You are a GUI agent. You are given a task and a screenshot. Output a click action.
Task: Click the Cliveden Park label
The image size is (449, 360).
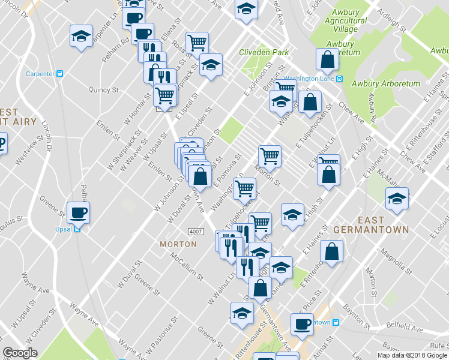click(x=264, y=53)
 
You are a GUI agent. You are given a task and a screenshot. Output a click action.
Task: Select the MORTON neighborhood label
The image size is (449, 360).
click(x=178, y=244)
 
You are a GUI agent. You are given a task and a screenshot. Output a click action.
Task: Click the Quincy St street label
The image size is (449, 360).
click(x=103, y=89)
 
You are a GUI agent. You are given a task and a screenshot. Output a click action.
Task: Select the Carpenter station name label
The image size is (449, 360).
click(x=40, y=74)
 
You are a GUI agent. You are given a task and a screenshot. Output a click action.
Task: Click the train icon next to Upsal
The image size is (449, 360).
click(x=77, y=229)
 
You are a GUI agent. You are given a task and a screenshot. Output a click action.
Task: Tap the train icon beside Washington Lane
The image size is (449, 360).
click(x=339, y=78)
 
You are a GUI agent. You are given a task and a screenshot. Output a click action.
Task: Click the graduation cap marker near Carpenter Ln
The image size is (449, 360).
click(x=80, y=36)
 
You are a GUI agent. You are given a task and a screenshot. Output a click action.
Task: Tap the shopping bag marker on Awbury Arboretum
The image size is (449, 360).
click(x=326, y=58)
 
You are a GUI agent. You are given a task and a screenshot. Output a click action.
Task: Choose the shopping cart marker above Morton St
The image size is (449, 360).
click(x=270, y=155)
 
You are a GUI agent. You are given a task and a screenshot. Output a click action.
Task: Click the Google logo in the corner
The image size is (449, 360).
click(x=20, y=353)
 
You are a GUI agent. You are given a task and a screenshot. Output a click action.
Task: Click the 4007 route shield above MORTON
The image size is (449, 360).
click(x=195, y=232)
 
